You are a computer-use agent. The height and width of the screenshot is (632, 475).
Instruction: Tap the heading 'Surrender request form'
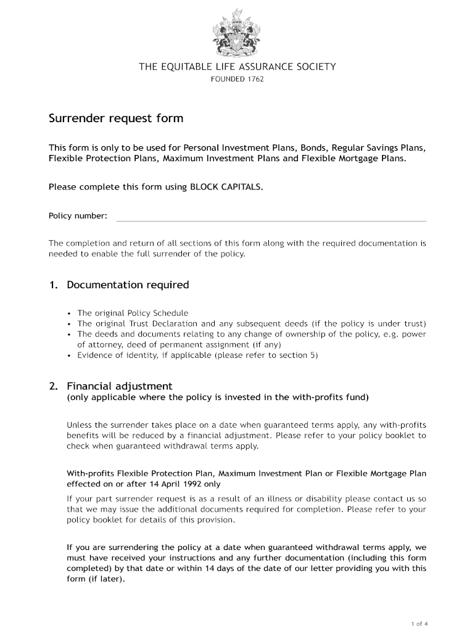tap(116, 118)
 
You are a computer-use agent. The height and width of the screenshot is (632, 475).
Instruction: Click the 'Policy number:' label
tap(78, 216)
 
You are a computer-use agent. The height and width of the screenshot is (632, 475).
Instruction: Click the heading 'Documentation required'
tap(128, 285)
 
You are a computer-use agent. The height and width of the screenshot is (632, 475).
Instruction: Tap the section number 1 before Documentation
tap(53, 285)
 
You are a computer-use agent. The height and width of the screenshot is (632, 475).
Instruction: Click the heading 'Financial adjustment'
tap(120, 386)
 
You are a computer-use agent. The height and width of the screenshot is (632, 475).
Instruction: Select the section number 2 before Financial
tap(53, 386)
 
